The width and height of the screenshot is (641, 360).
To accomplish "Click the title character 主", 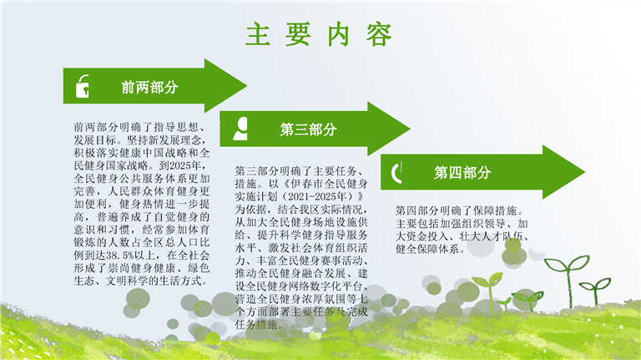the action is point(258,34).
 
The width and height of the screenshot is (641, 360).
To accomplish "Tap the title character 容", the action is point(379,34).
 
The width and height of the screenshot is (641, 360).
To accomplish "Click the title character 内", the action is point(339,34).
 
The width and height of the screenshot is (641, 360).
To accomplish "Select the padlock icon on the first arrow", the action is point(83,86).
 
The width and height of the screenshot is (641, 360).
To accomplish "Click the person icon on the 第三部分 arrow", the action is point(240,129).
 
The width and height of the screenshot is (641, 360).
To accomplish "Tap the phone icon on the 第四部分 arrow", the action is point(396,172).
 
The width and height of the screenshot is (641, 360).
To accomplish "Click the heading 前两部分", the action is point(149,87).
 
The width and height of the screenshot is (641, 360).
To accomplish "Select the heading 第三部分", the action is point(308,129).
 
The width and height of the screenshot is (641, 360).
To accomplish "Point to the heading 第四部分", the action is point(462,173).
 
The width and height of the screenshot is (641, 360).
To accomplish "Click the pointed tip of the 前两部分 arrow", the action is point(247,86).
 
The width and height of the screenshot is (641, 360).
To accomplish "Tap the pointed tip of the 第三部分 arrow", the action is point(410,129).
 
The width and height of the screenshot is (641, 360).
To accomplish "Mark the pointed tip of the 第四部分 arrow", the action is point(585,172).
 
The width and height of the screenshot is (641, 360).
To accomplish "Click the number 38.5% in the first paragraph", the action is point(120,256).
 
